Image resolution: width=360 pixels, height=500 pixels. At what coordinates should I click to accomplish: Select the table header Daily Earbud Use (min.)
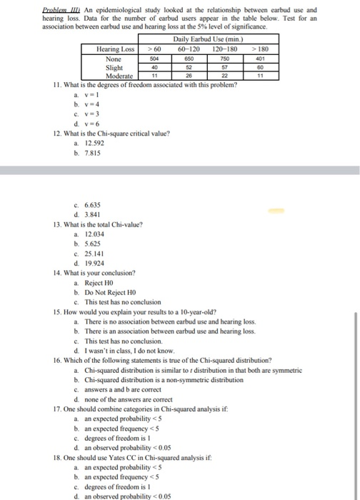coord(201,38)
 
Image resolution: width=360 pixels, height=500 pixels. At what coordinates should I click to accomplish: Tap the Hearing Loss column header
coord(116,49)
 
